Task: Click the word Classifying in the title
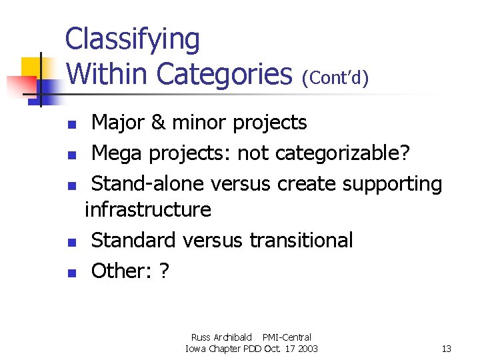(132, 40)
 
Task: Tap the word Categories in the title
(226, 73)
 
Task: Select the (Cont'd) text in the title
(335, 78)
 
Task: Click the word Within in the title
(107, 73)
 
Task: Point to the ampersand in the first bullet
(157, 123)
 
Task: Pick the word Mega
(117, 153)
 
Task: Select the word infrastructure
(148, 210)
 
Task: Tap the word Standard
(135, 240)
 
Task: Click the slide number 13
(446, 349)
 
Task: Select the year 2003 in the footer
(307, 349)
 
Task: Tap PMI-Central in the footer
(287, 337)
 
